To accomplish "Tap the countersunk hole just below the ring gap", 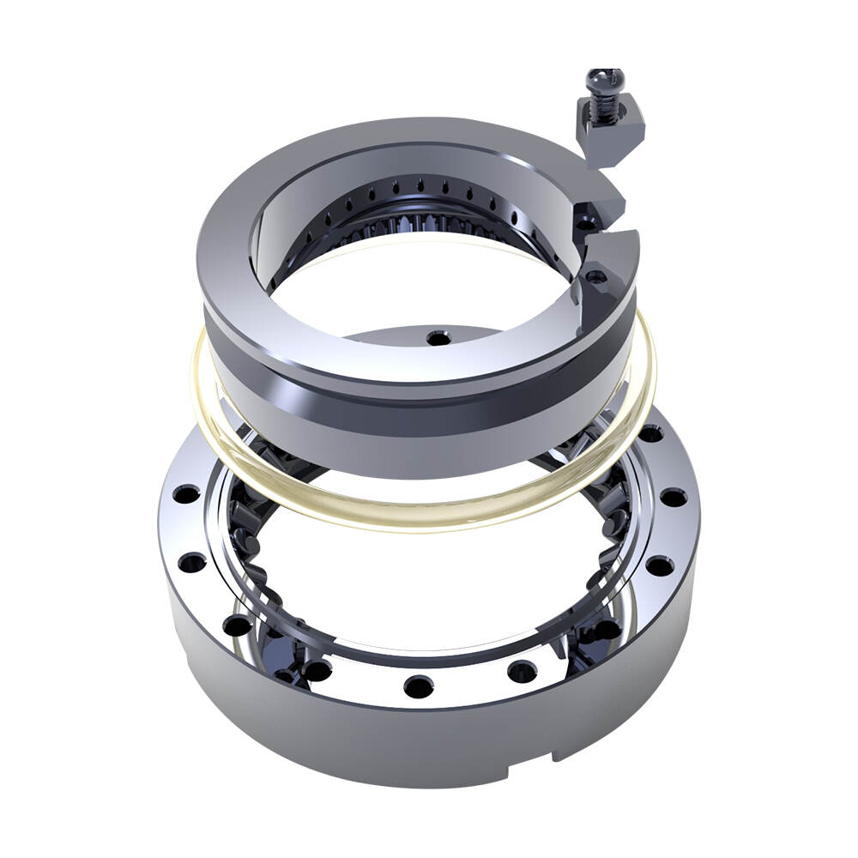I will (594, 278).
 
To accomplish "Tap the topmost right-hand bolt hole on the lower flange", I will (650, 433).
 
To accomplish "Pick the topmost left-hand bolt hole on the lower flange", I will (184, 494).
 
